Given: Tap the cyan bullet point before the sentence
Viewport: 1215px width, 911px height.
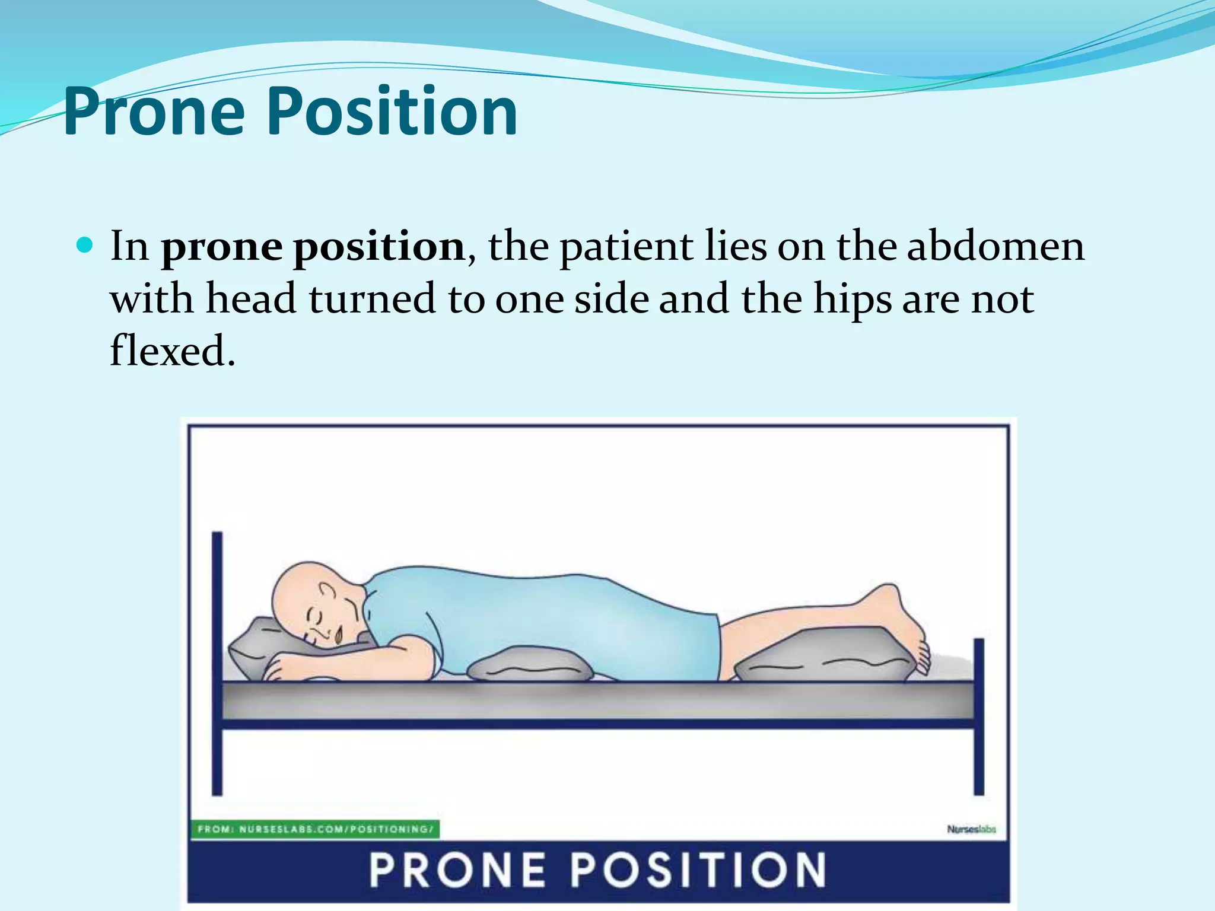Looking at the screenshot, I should [x=85, y=244].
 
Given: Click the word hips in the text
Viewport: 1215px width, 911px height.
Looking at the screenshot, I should [x=852, y=299].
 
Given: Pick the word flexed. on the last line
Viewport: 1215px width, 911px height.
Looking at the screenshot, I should [x=173, y=351].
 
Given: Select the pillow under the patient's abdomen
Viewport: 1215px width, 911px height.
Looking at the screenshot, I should [x=530, y=665].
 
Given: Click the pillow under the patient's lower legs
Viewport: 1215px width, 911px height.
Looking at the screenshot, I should [x=825, y=657].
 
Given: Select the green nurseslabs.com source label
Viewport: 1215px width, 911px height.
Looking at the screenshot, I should [x=315, y=829].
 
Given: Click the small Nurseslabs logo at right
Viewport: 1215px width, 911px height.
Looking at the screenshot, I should [x=971, y=829].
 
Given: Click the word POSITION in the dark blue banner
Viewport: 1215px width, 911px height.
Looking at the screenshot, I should [x=698, y=869].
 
